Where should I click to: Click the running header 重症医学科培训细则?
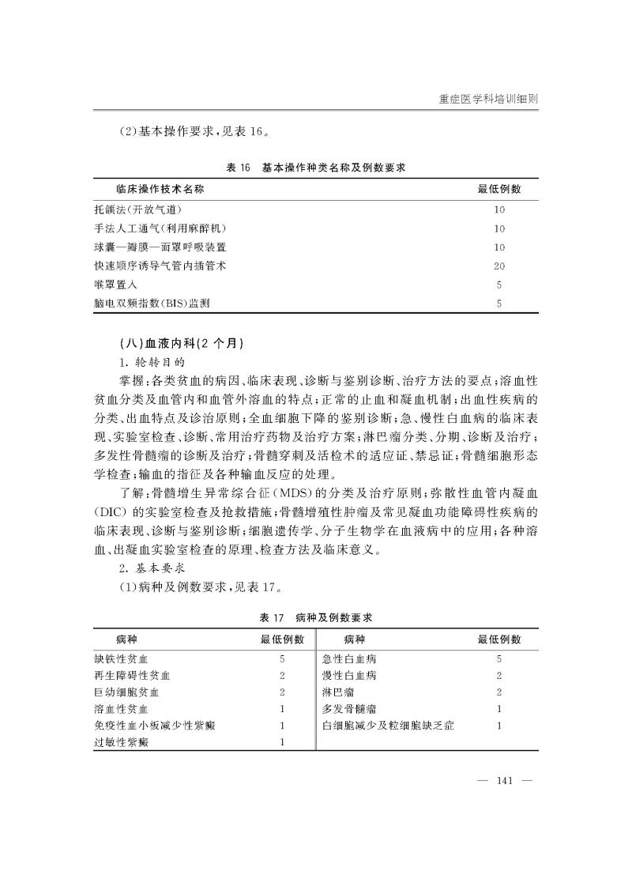[x=493, y=100]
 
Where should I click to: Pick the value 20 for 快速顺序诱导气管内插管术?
[x=499, y=266]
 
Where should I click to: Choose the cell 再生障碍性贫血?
[x=132, y=676]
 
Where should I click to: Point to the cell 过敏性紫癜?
[x=121, y=742]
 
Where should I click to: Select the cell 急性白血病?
[x=349, y=658]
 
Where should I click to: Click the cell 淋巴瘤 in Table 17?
[x=338, y=692]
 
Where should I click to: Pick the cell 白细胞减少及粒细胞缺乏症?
[x=388, y=726]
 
